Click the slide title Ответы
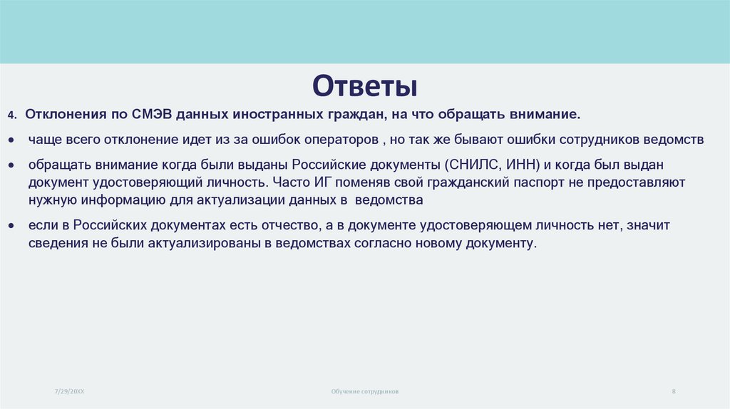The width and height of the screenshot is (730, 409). pos(364,86)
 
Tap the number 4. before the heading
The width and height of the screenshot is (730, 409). pos(12,115)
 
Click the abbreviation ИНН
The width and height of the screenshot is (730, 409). pos(521,164)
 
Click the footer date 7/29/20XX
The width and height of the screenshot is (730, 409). pos(69,391)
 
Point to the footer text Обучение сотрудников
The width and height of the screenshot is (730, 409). pos(365,392)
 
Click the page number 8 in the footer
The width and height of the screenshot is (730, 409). pos(674,391)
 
